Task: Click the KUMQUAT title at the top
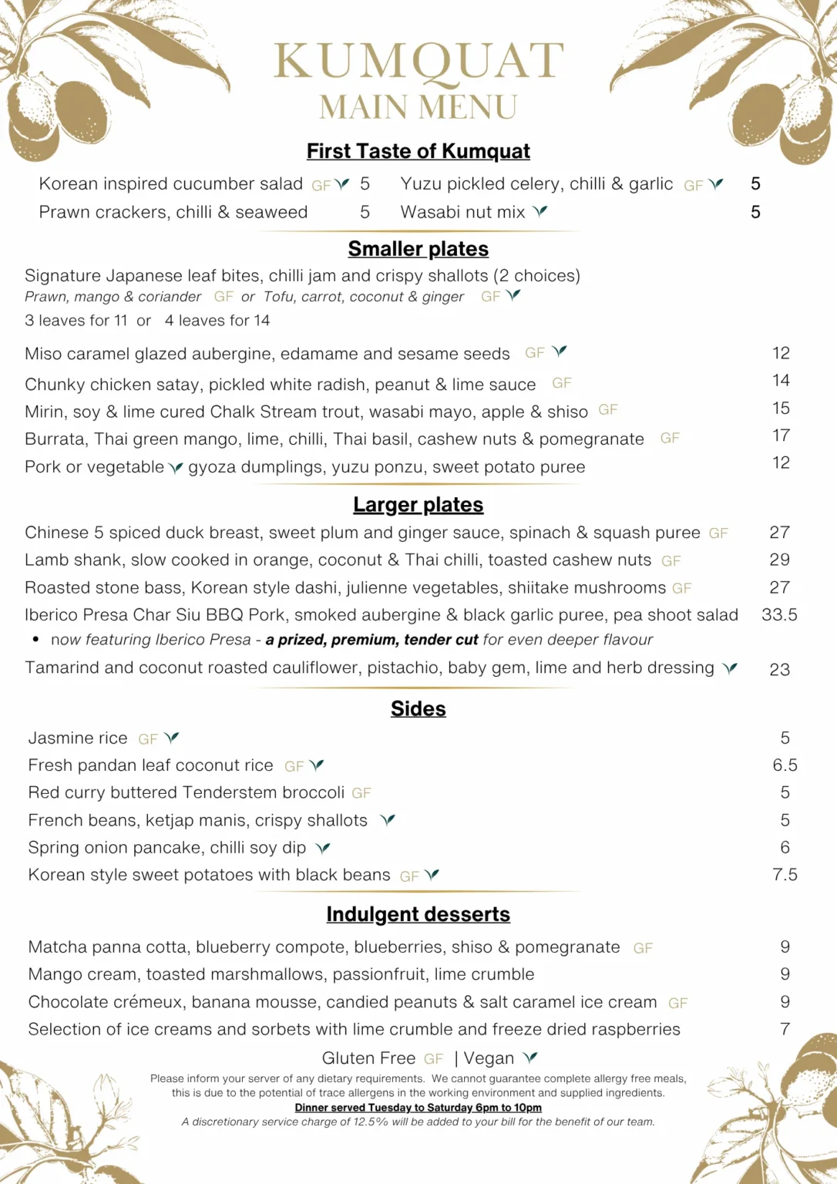tap(418, 62)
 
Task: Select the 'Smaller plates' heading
tap(418, 249)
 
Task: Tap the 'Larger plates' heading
tap(418, 505)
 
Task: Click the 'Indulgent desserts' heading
tap(418, 914)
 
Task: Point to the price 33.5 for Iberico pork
tap(779, 615)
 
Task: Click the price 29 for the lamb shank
tap(779, 560)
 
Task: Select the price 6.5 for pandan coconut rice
tap(785, 765)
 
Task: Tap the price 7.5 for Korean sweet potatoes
tap(785, 875)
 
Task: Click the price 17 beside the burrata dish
tap(781, 436)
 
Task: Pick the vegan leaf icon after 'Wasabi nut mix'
tap(540, 211)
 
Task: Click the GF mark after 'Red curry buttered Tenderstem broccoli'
tap(361, 793)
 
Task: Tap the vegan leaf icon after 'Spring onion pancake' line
tap(323, 848)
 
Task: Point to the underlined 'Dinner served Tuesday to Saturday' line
tap(418, 1108)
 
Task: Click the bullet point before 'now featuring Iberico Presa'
tap(35, 640)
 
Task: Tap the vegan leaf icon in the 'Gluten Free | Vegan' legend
tap(529, 1058)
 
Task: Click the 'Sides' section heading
tap(418, 709)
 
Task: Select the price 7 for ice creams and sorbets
tap(785, 1029)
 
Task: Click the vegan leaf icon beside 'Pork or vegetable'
tap(176, 468)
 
